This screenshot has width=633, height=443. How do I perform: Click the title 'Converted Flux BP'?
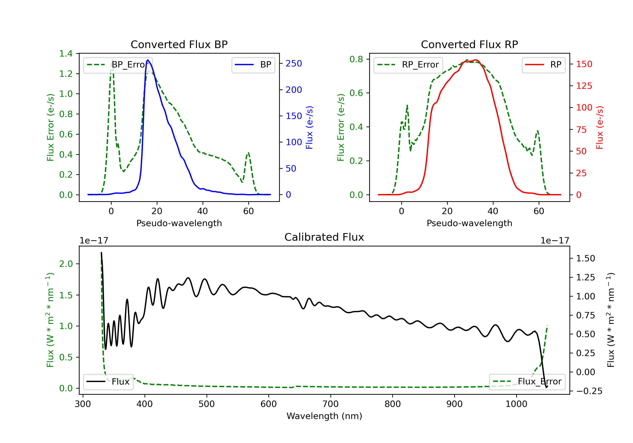click(x=179, y=44)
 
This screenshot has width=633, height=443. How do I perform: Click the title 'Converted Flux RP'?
click(x=469, y=44)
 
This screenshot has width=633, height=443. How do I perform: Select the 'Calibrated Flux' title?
click(x=324, y=237)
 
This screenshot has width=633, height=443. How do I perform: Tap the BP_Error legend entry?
click(x=118, y=65)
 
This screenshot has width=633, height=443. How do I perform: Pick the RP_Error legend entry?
click(x=408, y=65)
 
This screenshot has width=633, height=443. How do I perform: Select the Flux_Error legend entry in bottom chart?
click(x=527, y=382)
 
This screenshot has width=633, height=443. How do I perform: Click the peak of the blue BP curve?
click(x=148, y=60)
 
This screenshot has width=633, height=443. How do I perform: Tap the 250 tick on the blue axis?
click(x=294, y=64)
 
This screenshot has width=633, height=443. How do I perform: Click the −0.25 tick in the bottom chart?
click(x=589, y=391)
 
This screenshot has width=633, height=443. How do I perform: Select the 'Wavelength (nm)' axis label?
click(x=324, y=416)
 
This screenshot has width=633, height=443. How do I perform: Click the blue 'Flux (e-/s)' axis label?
click(x=309, y=127)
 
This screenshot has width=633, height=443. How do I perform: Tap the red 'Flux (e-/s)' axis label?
click(x=600, y=127)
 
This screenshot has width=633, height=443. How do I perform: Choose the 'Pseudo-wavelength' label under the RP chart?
click(x=469, y=223)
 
